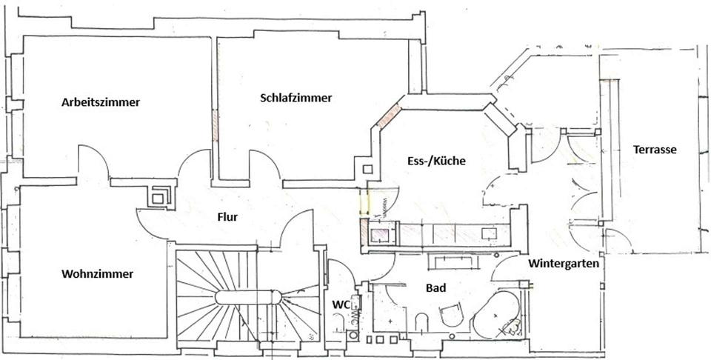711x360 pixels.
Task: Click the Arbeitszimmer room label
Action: pos(101,102)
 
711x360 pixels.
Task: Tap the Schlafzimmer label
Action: pos(296,98)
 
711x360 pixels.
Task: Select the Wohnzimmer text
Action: pos(98,274)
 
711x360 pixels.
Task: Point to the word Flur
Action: pos(227,217)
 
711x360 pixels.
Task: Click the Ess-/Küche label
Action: pos(435,161)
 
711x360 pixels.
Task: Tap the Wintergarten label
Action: pos(564,263)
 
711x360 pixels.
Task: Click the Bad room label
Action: pos(435,287)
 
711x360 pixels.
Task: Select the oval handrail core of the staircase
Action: pos(249,298)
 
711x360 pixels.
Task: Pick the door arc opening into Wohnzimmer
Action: pos(149,227)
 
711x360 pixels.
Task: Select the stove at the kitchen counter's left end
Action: pos(380,235)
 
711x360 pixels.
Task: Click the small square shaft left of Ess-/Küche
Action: pos(368,169)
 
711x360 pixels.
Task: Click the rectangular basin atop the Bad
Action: pos(450,261)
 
